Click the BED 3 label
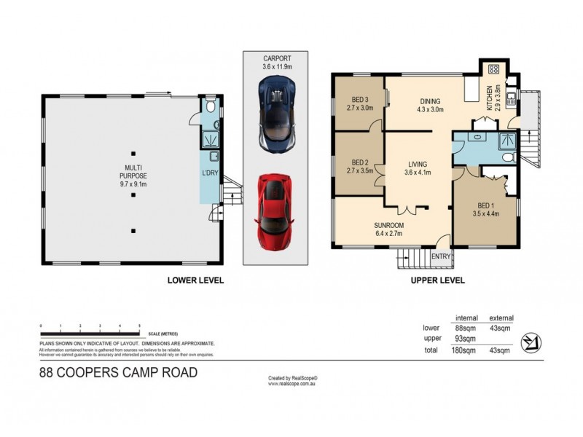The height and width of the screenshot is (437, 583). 361,103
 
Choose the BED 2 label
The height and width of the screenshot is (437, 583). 361,166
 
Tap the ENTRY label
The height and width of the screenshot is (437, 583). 441,256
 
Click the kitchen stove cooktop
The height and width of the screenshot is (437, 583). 493,71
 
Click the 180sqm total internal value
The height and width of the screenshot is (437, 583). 462,350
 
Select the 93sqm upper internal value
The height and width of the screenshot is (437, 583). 462,338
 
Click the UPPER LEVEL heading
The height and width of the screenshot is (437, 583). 435,280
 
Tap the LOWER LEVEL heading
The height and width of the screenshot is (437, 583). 195,280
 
